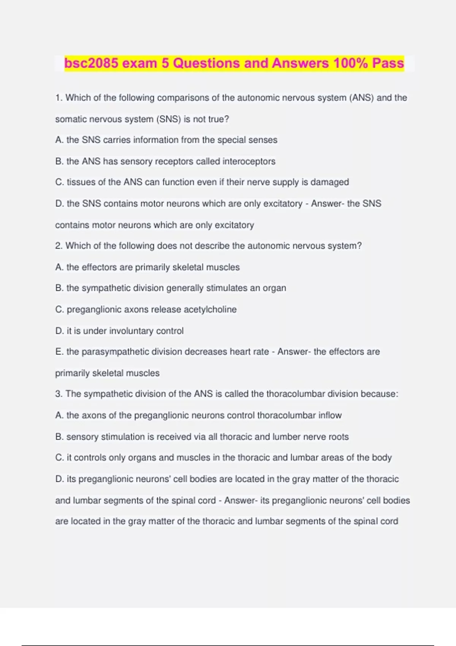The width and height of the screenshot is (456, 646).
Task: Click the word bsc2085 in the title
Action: (x=92, y=63)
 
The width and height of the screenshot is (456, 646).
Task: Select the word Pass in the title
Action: (x=388, y=63)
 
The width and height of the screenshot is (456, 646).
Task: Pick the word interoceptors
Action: (x=249, y=161)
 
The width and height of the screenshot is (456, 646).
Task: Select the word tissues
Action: (x=81, y=182)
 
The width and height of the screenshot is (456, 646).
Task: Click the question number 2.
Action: (x=58, y=246)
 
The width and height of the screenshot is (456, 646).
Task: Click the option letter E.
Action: (x=59, y=352)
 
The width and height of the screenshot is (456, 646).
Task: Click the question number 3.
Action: (x=58, y=394)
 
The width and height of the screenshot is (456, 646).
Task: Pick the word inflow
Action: (x=330, y=415)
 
